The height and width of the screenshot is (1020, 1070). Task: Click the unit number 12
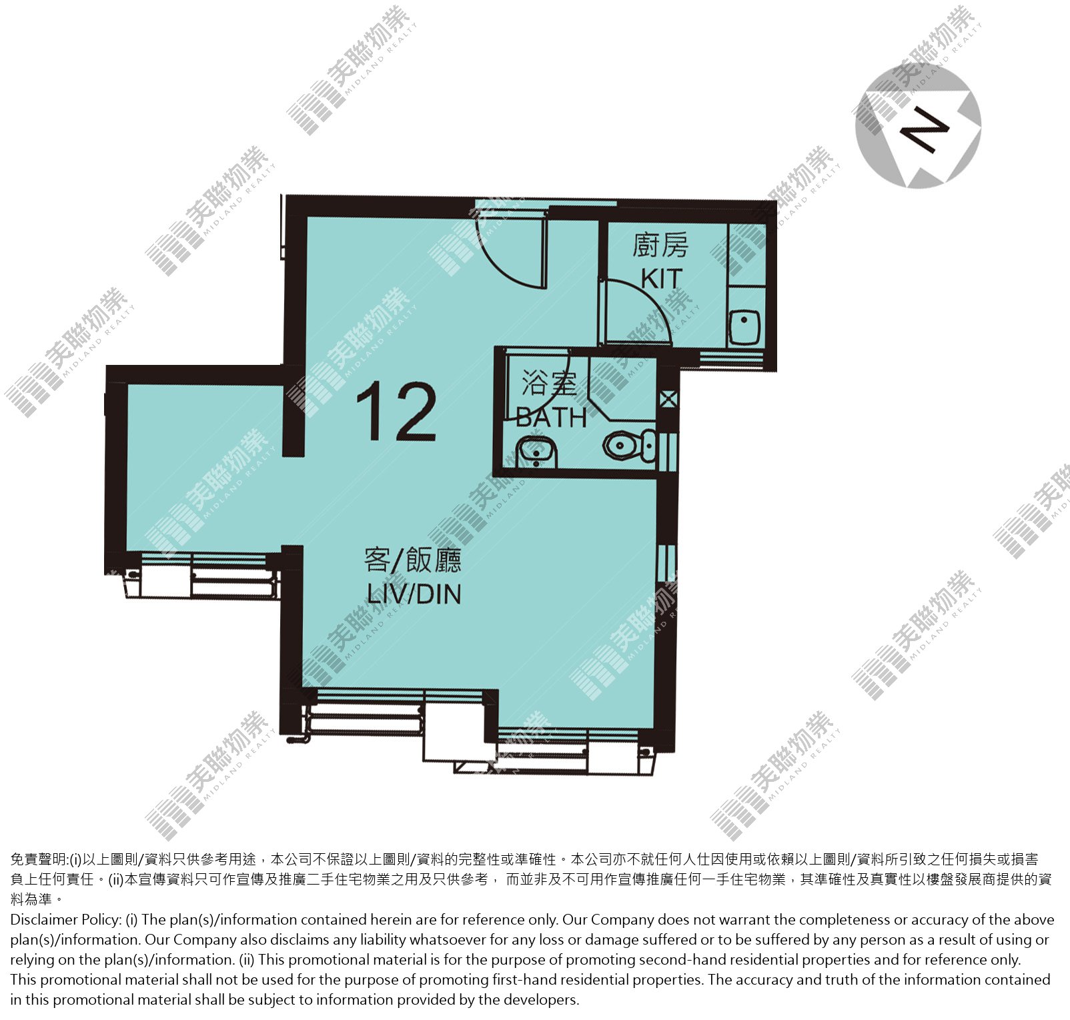pyautogui.click(x=396, y=412)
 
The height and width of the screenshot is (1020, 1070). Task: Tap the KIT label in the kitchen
pyautogui.click(x=662, y=278)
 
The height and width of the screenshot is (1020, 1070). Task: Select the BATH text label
pyautogui.click(x=552, y=418)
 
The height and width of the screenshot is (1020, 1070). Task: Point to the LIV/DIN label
pyautogui.click(x=414, y=593)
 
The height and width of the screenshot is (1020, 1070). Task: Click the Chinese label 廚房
pyautogui.click(x=660, y=245)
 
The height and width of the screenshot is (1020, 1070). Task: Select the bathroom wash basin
pyautogui.click(x=536, y=452)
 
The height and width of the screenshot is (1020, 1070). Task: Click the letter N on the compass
pyautogui.click(x=924, y=130)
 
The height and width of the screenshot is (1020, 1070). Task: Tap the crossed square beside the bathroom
pyautogui.click(x=668, y=400)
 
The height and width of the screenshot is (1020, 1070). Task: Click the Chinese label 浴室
pyautogui.click(x=548, y=383)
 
